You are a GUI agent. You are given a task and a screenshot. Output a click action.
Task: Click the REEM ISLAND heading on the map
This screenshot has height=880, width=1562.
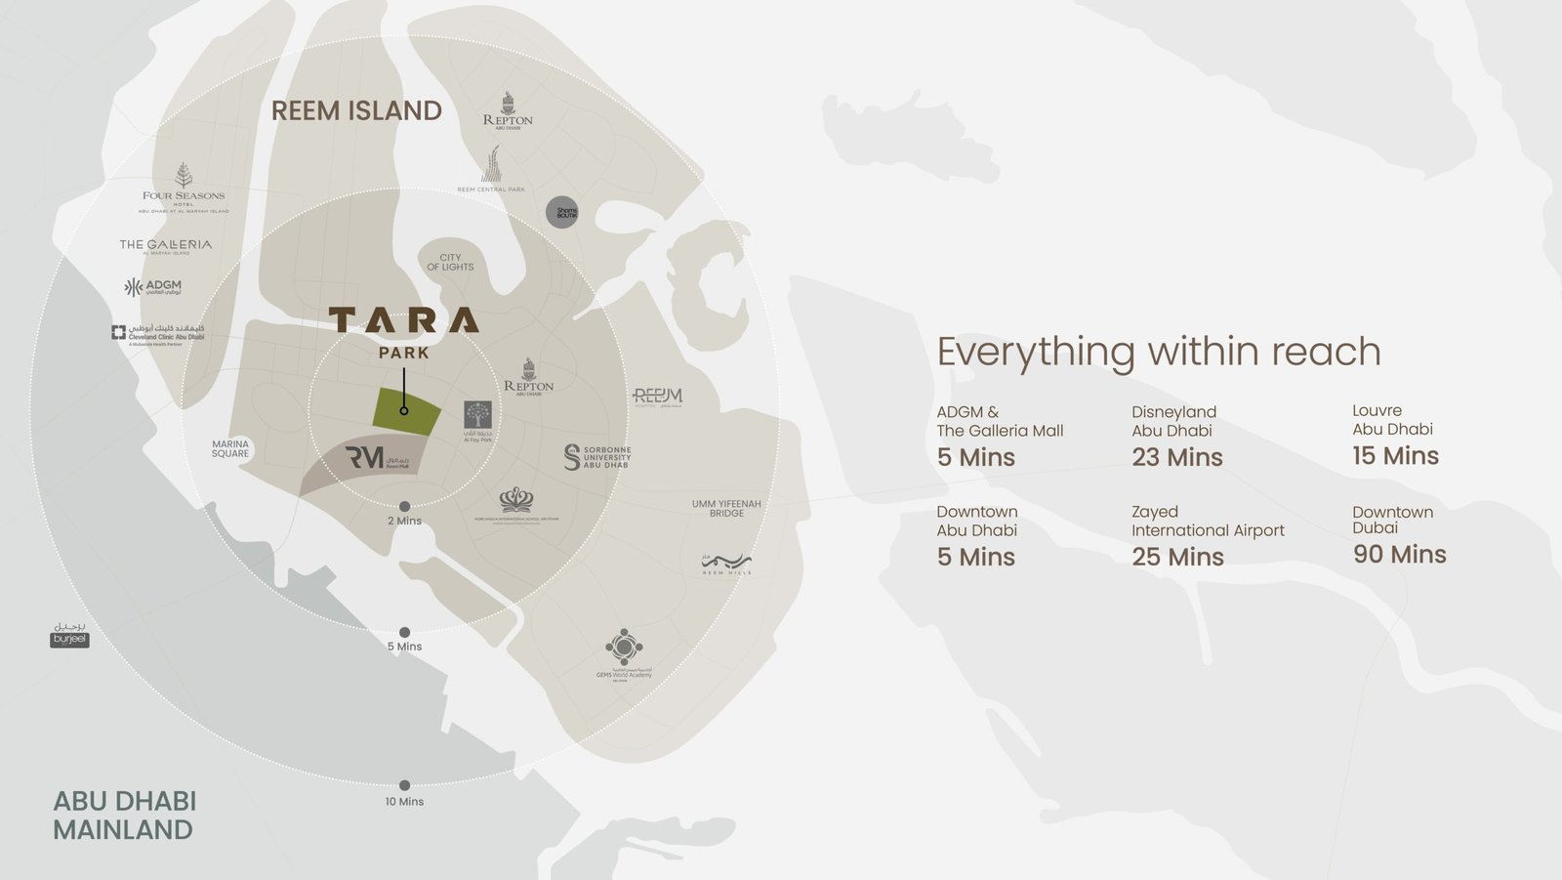click(356, 111)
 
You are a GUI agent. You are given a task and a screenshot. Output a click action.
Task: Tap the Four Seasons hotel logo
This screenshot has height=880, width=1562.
click(184, 188)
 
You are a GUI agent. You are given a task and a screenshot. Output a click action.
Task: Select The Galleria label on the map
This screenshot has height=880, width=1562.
click(166, 245)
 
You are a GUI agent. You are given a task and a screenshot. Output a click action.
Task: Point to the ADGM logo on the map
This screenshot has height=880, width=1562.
click(153, 287)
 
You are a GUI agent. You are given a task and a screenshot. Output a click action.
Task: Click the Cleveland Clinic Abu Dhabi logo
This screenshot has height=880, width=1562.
click(158, 334)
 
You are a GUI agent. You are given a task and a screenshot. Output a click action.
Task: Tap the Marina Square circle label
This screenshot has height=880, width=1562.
click(230, 448)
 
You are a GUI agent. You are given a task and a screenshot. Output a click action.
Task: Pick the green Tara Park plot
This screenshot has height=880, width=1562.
click(406, 411)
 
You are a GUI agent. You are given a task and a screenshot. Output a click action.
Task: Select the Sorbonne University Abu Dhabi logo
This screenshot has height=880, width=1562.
click(597, 457)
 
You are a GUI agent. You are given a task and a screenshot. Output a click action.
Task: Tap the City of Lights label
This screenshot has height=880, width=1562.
click(450, 263)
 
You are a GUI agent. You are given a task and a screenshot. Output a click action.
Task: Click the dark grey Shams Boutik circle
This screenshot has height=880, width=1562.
click(562, 212)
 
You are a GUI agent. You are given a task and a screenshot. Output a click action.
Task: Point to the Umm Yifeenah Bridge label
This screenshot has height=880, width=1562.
click(726, 508)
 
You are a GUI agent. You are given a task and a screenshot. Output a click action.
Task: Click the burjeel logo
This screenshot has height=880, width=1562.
click(70, 636)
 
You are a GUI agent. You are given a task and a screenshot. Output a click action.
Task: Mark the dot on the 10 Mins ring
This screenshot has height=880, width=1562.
click(404, 785)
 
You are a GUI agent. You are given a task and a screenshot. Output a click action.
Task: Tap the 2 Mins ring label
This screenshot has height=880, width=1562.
click(404, 521)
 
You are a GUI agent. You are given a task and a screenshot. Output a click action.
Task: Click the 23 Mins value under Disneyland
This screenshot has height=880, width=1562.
click(1177, 457)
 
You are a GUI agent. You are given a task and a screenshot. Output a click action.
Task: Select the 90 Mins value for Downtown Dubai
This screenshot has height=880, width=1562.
click(1399, 555)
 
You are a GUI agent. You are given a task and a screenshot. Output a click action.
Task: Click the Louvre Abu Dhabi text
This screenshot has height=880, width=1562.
click(1392, 420)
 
